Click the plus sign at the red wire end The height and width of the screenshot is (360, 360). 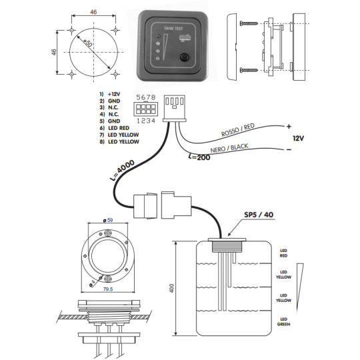[289, 125]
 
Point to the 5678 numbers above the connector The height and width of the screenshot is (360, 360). [146, 97]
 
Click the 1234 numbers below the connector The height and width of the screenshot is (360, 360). [146, 121]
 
